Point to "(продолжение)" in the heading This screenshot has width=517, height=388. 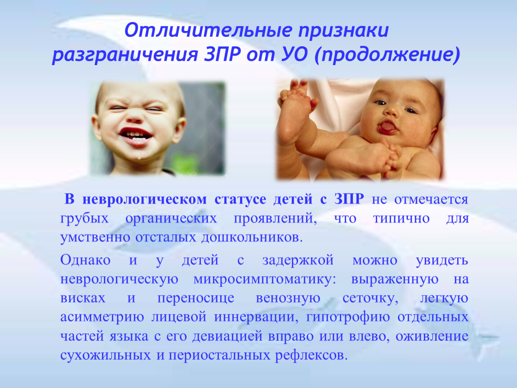[387, 55]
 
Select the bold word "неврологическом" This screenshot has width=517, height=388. [144, 199]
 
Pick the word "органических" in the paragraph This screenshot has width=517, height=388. [171, 219]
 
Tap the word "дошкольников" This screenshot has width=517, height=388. [252, 238]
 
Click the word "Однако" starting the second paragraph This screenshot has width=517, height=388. [85, 260]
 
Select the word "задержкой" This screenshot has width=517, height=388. [298, 260]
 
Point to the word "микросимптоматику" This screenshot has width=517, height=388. [264, 280]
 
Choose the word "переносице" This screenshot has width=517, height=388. [196, 299]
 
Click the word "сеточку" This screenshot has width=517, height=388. [370, 299]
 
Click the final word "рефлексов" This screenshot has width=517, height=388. [311, 356]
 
